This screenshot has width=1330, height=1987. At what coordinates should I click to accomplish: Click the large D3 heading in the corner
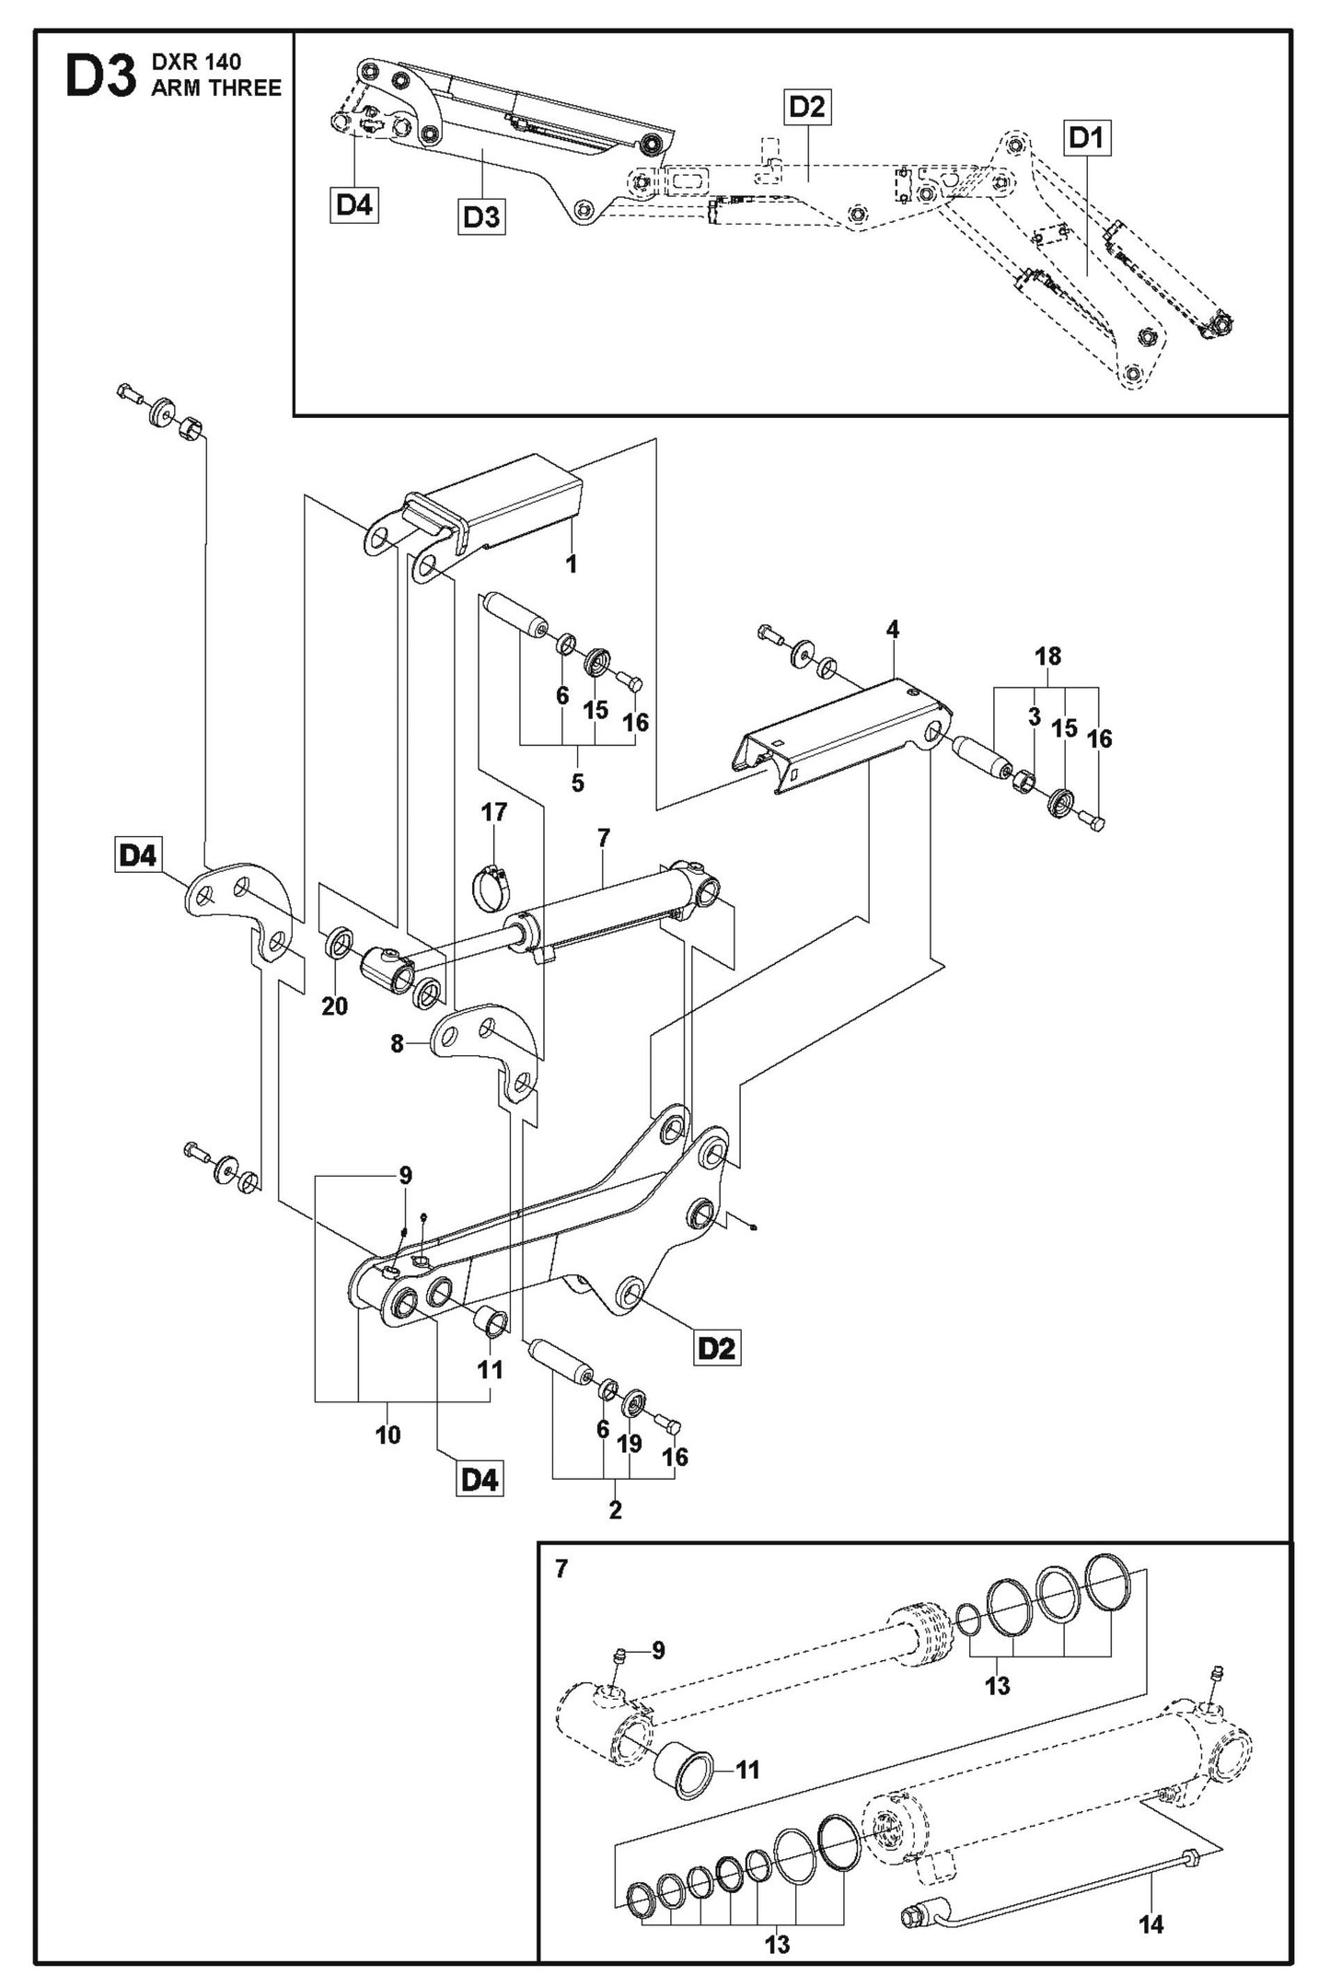coord(99,79)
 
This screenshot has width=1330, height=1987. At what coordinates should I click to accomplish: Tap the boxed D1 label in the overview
coord(1087,139)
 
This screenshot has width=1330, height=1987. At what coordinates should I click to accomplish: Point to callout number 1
coord(572,564)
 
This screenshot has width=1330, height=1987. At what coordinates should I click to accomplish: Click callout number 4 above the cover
coord(892,630)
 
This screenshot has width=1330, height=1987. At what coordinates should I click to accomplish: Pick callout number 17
coord(494,812)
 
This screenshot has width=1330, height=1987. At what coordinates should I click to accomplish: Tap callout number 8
coord(398,1044)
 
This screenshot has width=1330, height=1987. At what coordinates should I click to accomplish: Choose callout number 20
coord(335,1006)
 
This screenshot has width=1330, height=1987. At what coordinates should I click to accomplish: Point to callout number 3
coord(1034,717)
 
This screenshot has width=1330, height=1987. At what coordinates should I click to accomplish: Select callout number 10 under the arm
coord(387,1460)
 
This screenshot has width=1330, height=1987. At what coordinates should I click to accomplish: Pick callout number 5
coord(577,783)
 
